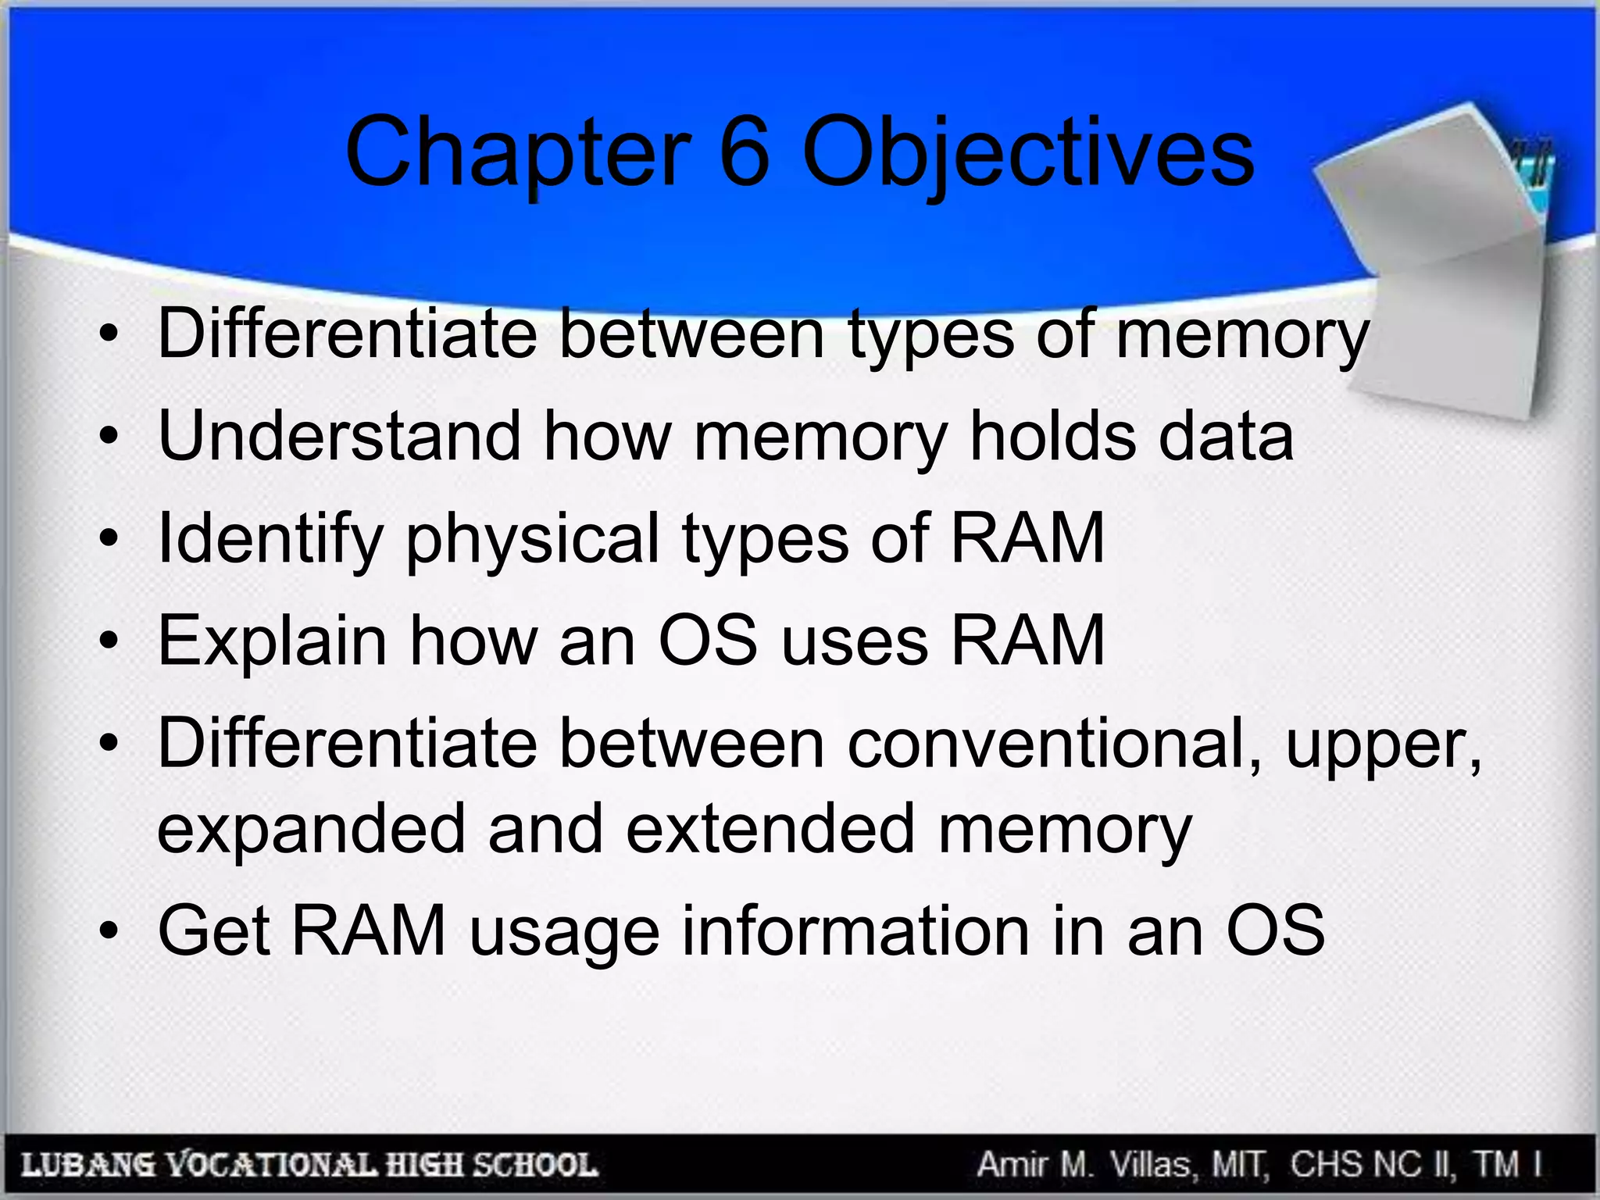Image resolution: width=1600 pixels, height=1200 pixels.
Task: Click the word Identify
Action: [270, 539]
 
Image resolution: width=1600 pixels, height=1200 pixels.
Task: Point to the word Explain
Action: [272, 641]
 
